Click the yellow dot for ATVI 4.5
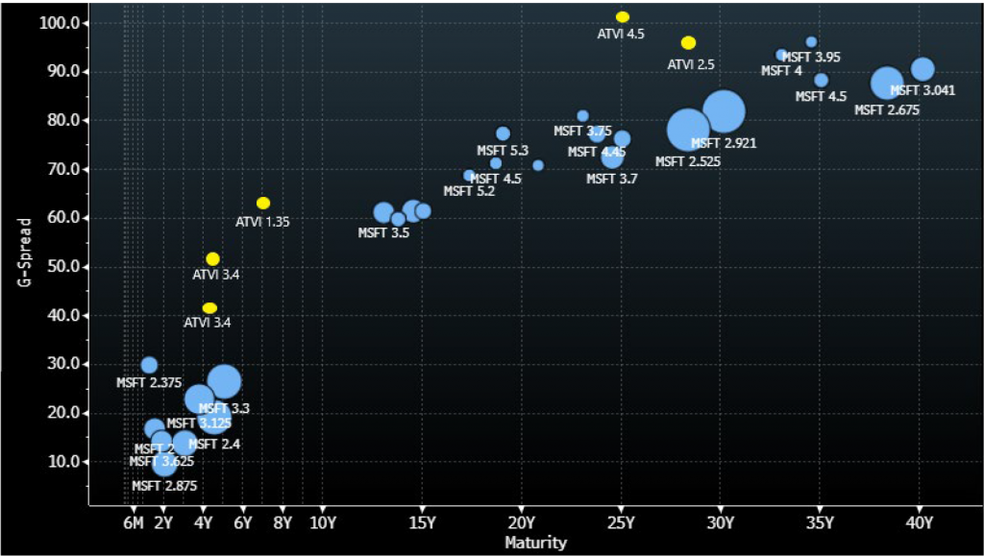click(x=623, y=17)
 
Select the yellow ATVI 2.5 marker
click(x=688, y=43)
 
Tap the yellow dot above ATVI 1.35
click(x=263, y=203)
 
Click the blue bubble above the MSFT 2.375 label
click(x=149, y=365)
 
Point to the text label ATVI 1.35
click(x=262, y=222)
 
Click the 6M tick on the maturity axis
click(x=134, y=523)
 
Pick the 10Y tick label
click(x=321, y=523)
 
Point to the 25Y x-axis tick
click(x=621, y=523)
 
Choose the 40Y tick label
click(x=920, y=523)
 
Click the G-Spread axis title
click(x=26, y=253)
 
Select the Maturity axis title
click(x=535, y=543)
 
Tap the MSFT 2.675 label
click(x=887, y=110)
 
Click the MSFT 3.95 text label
click(x=811, y=58)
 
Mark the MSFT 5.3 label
click(x=503, y=151)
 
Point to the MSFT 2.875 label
click(x=164, y=486)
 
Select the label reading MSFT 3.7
click(x=612, y=179)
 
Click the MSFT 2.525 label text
click(x=688, y=161)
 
